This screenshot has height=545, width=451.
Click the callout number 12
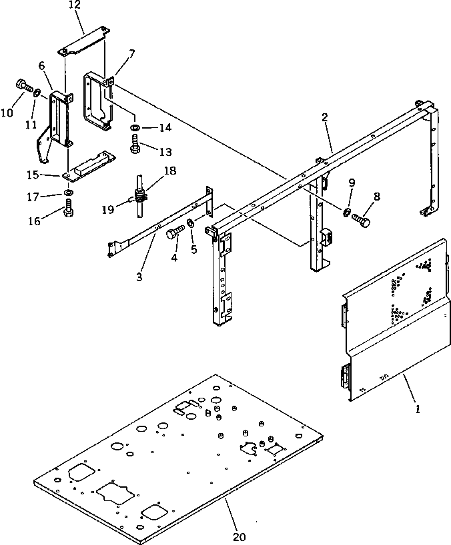(x=75, y=5)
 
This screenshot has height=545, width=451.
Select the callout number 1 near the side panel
(x=418, y=410)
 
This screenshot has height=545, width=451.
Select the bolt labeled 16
(x=69, y=213)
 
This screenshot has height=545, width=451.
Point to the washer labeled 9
(x=348, y=213)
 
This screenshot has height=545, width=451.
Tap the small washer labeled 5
(x=191, y=223)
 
